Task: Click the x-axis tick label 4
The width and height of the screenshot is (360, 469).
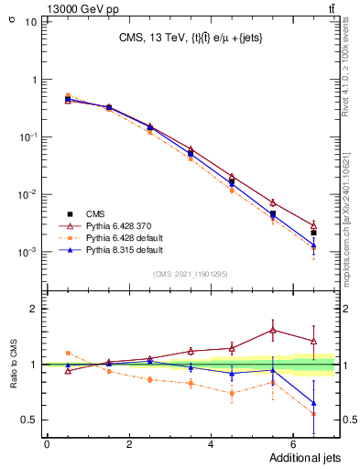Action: coord(211,444)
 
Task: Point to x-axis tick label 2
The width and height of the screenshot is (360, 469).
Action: coord(129,444)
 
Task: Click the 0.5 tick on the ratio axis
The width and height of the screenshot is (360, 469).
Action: coord(29,420)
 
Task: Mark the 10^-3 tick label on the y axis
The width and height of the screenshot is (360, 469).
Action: coord(27,252)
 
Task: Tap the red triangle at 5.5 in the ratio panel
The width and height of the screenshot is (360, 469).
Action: coord(273,330)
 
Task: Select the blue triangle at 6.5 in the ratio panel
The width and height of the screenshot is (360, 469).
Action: coord(313,403)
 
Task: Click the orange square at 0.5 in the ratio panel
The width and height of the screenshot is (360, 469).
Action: coord(68,353)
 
